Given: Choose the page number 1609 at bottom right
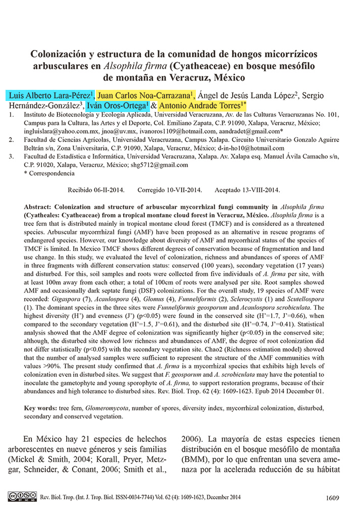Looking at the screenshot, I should (x=333, y=498).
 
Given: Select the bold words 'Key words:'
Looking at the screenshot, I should (x=41, y=407).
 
